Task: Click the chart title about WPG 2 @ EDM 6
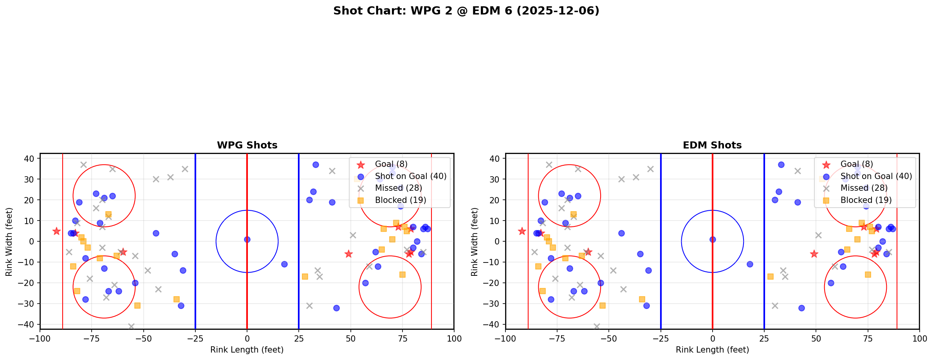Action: [x=466, y=11]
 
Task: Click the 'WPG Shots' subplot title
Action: [x=247, y=145]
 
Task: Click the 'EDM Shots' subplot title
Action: [x=712, y=145]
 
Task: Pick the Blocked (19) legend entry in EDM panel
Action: [x=866, y=200]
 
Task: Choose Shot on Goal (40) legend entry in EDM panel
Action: [x=876, y=176]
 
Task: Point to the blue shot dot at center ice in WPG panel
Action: [x=247, y=239]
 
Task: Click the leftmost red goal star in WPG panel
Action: [x=56, y=231]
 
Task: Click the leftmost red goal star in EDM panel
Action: [x=522, y=231]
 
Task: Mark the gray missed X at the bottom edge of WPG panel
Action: [x=131, y=326]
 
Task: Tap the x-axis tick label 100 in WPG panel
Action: [x=454, y=339]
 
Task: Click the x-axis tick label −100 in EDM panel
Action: [x=505, y=339]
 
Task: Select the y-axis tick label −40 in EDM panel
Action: [x=493, y=325]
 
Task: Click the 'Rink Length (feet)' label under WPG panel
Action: [x=247, y=350]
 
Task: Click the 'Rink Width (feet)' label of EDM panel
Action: [x=475, y=242]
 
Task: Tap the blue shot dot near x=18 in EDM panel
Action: [x=750, y=264]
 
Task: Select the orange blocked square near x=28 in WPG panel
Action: [x=305, y=277]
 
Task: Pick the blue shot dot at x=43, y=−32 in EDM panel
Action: [x=801, y=308]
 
